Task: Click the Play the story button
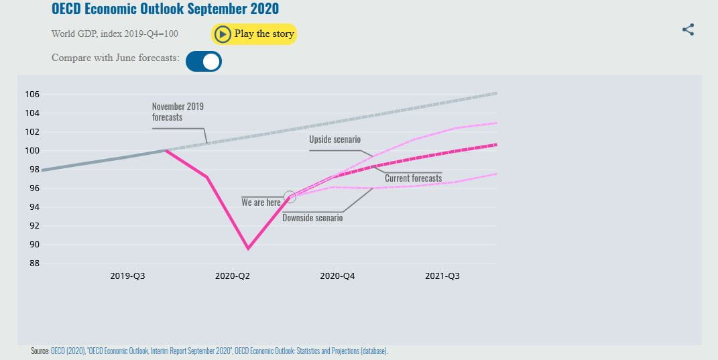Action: pos(254,34)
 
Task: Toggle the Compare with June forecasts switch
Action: pos(204,62)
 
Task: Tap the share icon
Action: pos(688,29)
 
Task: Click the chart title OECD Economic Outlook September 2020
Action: pos(165,9)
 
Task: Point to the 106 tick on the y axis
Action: pos(33,95)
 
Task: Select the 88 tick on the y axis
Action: pos(33,263)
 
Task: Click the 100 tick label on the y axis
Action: pos(33,151)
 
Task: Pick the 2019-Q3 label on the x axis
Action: pos(128,276)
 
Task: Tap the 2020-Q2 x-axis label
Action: pos(233,276)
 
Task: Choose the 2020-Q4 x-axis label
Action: pos(338,276)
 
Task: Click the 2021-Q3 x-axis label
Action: pos(442,276)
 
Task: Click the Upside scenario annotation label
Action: pos(335,139)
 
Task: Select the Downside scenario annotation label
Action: pos(312,218)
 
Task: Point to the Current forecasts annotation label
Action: pos(413,178)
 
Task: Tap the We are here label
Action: pos(261,202)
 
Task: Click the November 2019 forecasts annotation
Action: pos(178,111)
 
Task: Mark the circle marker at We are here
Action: pos(290,197)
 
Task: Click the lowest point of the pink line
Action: pos(248,249)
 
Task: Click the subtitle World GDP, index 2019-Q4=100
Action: pos(115,34)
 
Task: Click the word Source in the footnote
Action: pos(40,351)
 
